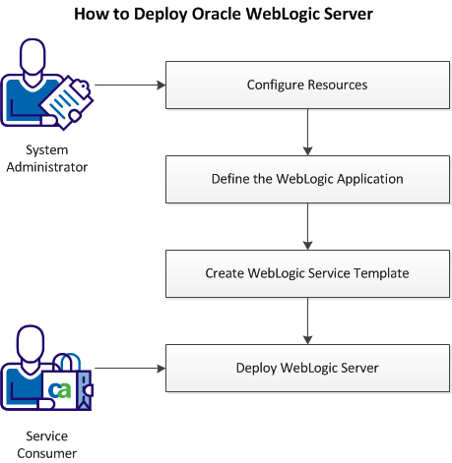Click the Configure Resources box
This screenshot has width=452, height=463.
307,86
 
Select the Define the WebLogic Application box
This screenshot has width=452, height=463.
307,180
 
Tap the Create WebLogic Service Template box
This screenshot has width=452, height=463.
307,274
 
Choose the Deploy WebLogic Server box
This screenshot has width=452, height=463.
307,369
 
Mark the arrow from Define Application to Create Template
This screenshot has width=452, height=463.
308,227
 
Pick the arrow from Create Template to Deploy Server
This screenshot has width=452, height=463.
308,321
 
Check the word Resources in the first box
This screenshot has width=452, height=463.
336,86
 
